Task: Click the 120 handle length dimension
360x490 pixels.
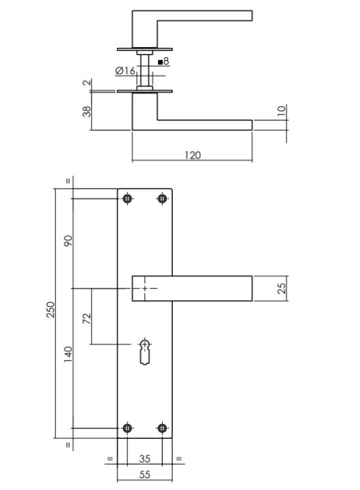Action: [193, 155]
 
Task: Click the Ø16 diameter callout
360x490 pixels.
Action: [125, 71]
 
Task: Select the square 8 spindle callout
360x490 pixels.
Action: [163, 62]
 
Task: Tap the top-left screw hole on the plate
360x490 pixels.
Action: [127, 199]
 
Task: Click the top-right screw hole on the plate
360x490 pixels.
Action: [162, 199]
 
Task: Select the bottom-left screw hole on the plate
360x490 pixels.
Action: [127, 428]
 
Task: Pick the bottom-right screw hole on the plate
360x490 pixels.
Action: [162, 428]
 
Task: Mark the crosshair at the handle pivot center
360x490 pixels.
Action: [144, 288]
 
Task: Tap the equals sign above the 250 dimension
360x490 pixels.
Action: [68, 181]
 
